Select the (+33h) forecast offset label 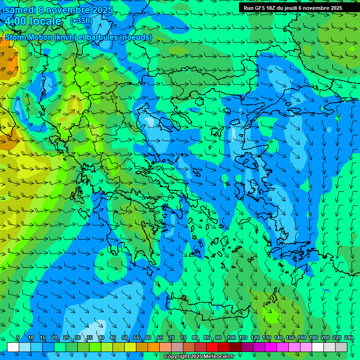coord(81,21)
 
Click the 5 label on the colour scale coord(18,338)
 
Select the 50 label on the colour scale coord(125,338)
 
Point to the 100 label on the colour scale coord(231,338)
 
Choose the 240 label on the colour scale coord(348,338)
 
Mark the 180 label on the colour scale coord(313,338)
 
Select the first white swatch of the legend coord(13,347)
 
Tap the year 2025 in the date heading coord(102,10)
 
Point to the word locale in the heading coord(46,21)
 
